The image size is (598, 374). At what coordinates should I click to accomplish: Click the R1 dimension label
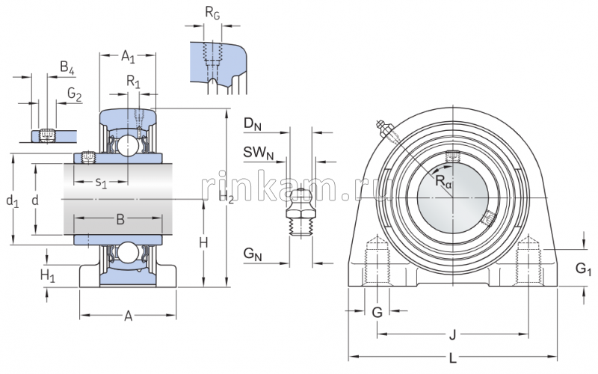pos(133,81)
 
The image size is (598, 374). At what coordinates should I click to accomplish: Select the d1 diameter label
pos(10,200)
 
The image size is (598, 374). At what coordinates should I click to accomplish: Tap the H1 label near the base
pos(47,275)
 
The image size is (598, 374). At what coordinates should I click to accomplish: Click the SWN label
pos(255,153)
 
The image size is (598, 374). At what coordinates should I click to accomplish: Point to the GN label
pos(252,255)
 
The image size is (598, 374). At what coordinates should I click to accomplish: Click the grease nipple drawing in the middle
pos(301,212)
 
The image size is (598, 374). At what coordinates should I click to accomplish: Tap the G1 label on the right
pos(582,269)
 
